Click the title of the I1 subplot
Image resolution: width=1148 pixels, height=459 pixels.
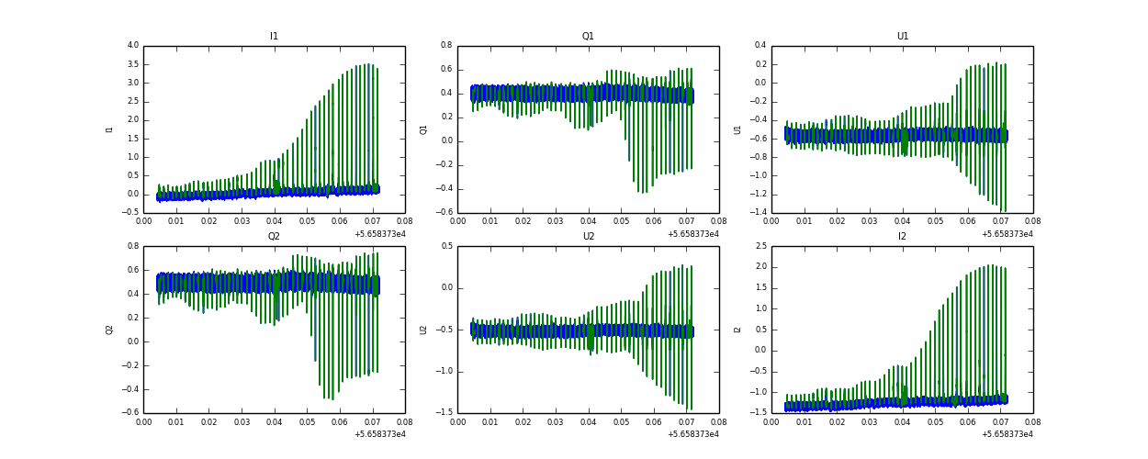(x=274, y=37)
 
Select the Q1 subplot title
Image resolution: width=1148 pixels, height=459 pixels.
(x=588, y=37)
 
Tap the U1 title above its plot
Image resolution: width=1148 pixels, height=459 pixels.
(x=902, y=37)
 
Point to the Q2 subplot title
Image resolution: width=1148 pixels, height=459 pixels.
(x=274, y=237)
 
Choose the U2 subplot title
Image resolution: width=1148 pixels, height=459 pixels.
(x=588, y=237)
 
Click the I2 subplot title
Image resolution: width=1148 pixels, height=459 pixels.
(x=902, y=237)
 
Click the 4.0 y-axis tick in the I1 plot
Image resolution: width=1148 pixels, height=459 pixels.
(x=133, y=46)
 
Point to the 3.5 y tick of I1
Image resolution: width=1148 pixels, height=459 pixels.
(x=133, y=64)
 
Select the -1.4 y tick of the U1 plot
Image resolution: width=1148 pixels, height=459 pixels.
(x=758, y=213)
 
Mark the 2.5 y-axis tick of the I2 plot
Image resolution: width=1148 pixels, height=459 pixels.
(x=761, y=246)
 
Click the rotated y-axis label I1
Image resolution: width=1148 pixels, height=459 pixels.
(x=109, y=129)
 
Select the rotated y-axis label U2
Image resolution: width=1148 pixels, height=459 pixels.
(x=423, y=330)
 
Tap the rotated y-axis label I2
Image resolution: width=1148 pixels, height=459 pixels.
(x=737, y=330)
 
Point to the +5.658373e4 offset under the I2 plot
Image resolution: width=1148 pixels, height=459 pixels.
(x=1007, y=434)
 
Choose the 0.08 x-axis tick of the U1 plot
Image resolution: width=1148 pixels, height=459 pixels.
(x=1033, y=221)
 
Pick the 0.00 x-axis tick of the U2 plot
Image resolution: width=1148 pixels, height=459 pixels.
(x=457, y=421)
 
